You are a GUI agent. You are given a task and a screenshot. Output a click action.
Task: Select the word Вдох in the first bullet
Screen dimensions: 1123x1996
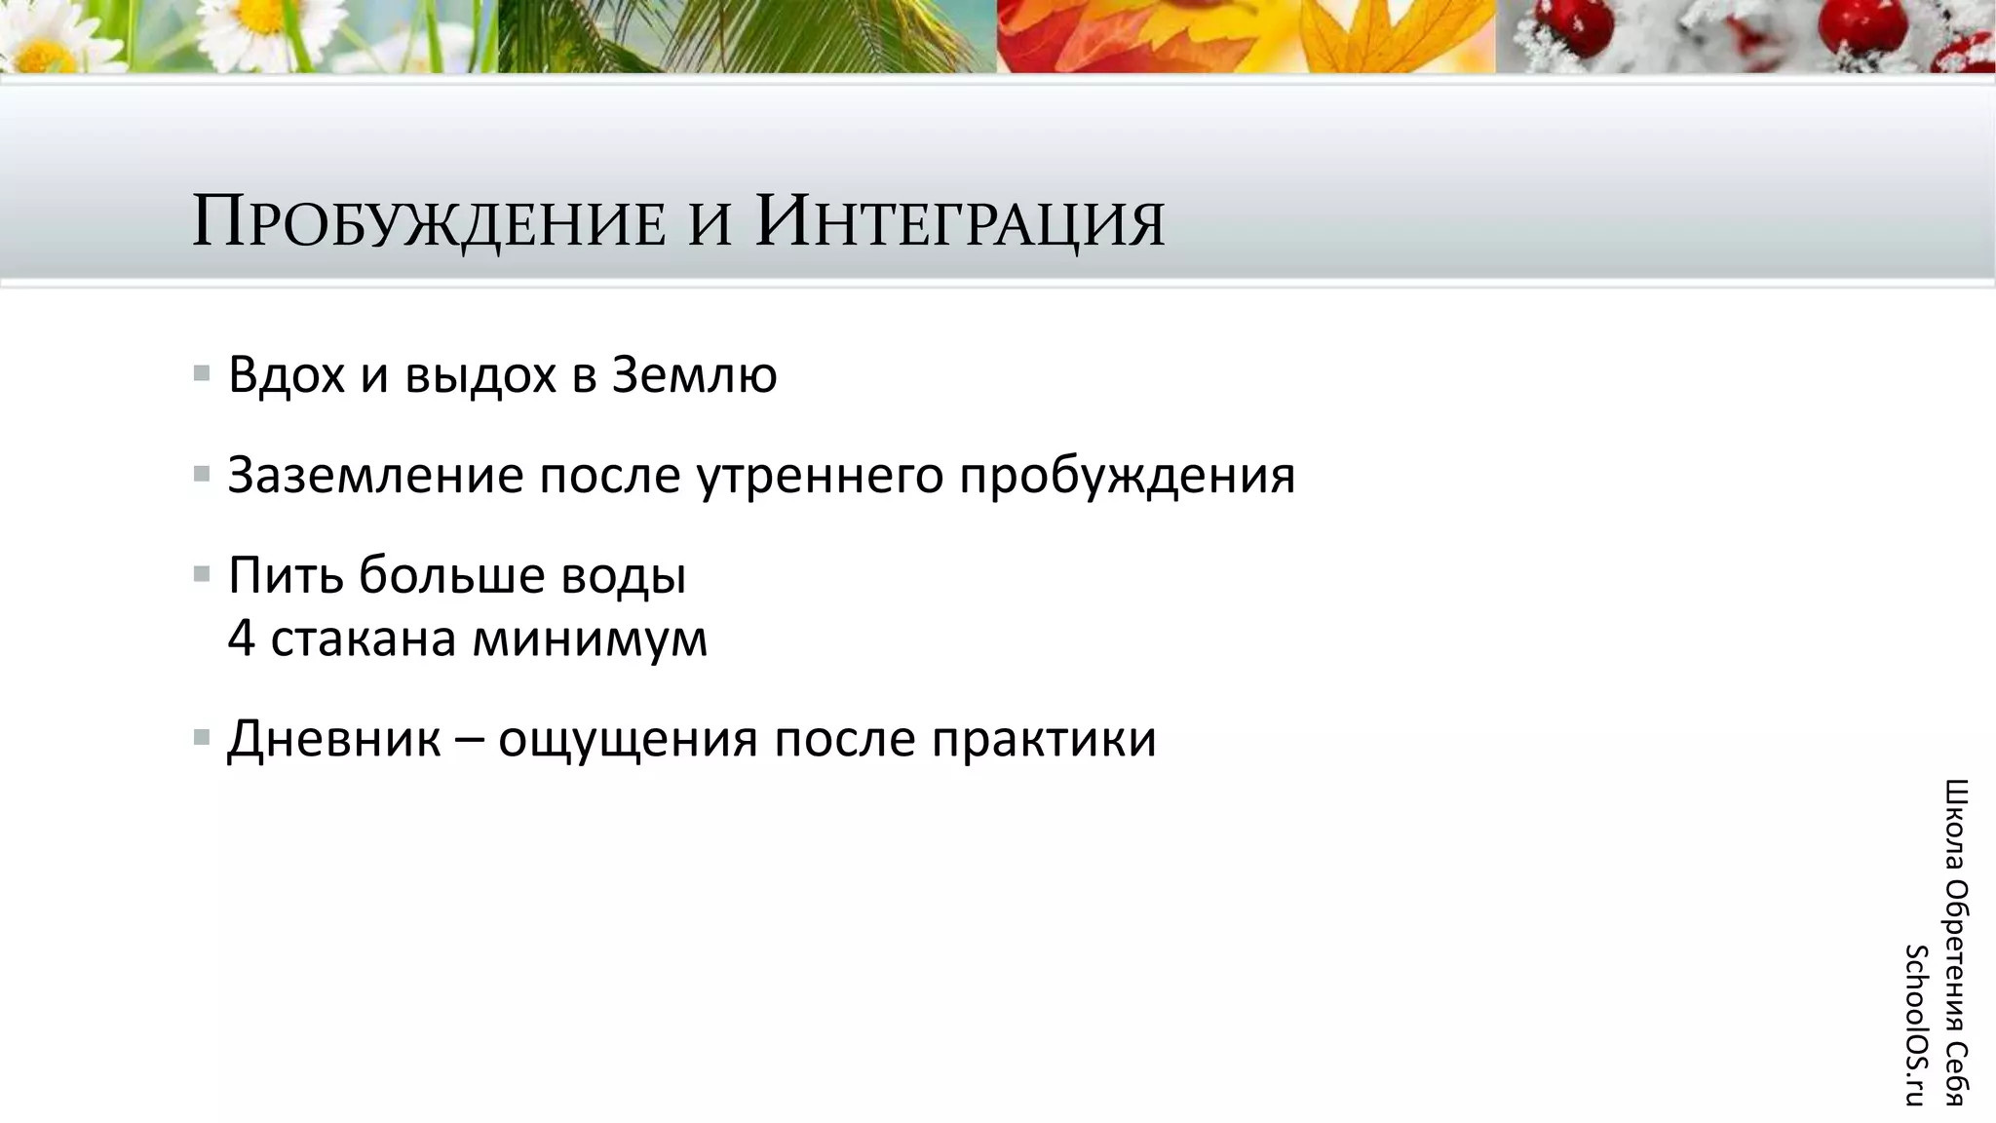[287, 375]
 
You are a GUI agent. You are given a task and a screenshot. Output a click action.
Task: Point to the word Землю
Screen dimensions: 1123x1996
[694, 375]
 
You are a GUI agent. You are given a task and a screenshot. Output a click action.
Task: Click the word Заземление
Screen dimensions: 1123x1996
[374, 477]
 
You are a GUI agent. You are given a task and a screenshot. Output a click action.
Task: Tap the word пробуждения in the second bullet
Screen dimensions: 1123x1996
[1127, 477]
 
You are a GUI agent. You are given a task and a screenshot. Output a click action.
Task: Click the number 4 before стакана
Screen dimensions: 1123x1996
[241, 639]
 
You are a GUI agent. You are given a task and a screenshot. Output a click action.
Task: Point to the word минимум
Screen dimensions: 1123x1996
[589, 639]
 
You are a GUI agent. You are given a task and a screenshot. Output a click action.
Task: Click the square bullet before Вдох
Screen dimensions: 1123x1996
[202, 373]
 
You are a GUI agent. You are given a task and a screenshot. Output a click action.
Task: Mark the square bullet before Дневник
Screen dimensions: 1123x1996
[202, 737]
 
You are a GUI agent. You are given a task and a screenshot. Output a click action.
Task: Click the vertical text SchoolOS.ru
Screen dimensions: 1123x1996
[1916, 1025]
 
